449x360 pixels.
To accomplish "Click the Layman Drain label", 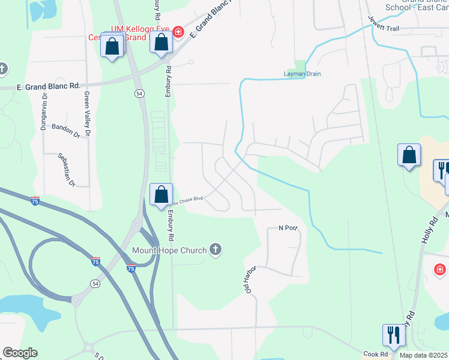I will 302,74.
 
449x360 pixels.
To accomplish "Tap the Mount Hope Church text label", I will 169,250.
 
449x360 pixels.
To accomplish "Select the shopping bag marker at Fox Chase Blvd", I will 161,195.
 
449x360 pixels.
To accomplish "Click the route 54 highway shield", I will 139,94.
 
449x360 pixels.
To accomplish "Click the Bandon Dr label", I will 65,130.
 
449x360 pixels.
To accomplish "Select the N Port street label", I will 288,228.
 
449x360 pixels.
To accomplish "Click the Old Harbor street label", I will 250,278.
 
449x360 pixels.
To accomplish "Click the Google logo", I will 20,353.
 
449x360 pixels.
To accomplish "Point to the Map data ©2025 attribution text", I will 424,355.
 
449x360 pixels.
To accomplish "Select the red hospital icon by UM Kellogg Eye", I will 178,31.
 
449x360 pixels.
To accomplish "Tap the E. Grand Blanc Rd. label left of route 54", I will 40,86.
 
